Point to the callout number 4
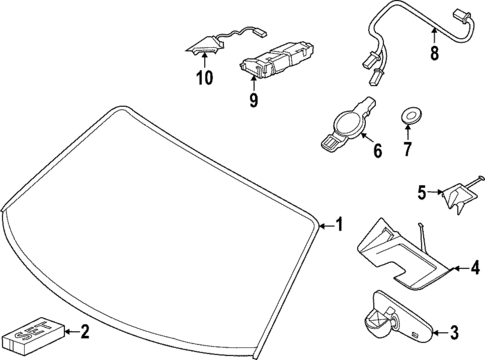pos(461,267)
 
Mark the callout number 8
pos(433,56)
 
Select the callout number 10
pos(204,77)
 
